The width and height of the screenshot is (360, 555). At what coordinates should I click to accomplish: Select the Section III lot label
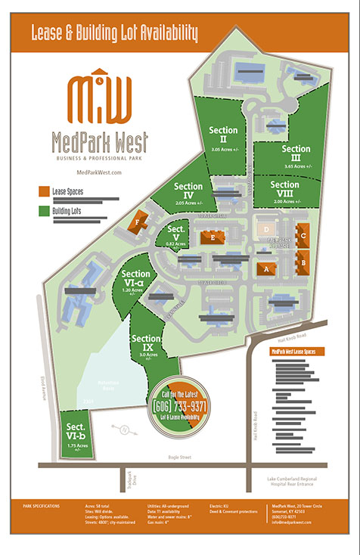click(290, 153)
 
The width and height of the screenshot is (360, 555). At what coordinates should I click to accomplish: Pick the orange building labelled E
click(213, 237)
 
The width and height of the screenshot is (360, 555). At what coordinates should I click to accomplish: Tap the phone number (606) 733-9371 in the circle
click(180, 407)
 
